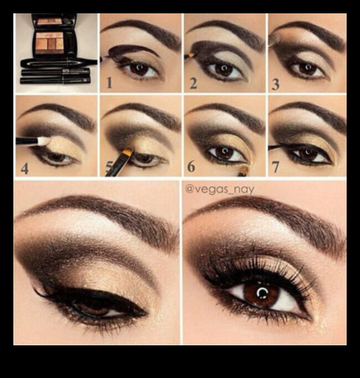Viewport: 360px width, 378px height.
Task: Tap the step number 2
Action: [x=193, y=83]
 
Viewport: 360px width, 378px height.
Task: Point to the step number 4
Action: [x=25, y=168]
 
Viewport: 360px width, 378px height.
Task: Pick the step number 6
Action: [x=192, y=167]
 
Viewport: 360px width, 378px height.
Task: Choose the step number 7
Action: [x=275, y=167]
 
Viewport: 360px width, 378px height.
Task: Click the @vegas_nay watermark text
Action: [x=219, y=189]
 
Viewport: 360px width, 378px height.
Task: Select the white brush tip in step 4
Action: [x=41, y=141]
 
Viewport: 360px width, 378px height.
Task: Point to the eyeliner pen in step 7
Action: [x=280, y=147]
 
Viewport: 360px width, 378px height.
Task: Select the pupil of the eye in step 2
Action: [x=225, y=69]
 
